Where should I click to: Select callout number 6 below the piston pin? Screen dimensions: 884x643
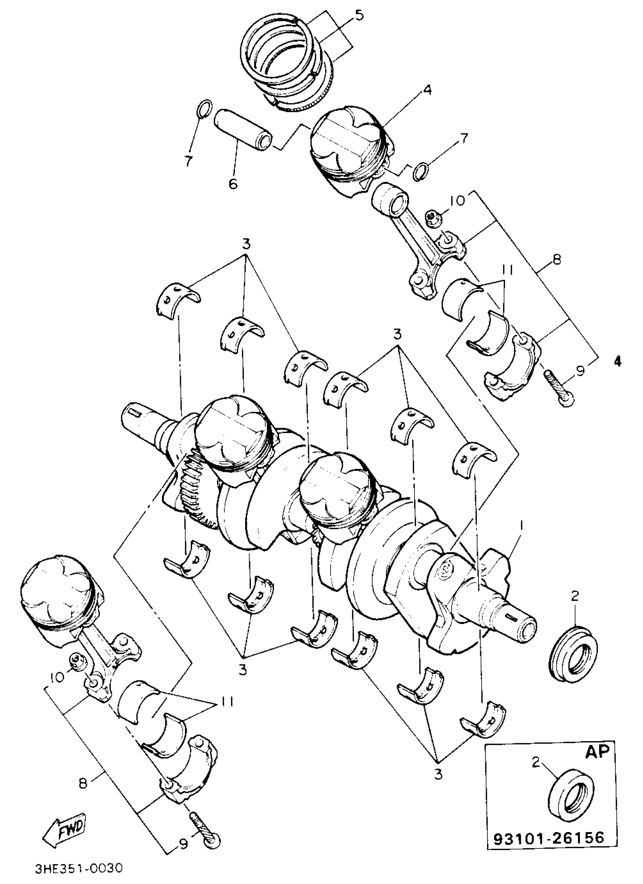click(x=233, y=183)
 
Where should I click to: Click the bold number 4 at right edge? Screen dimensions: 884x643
click(x=617, y=361)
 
